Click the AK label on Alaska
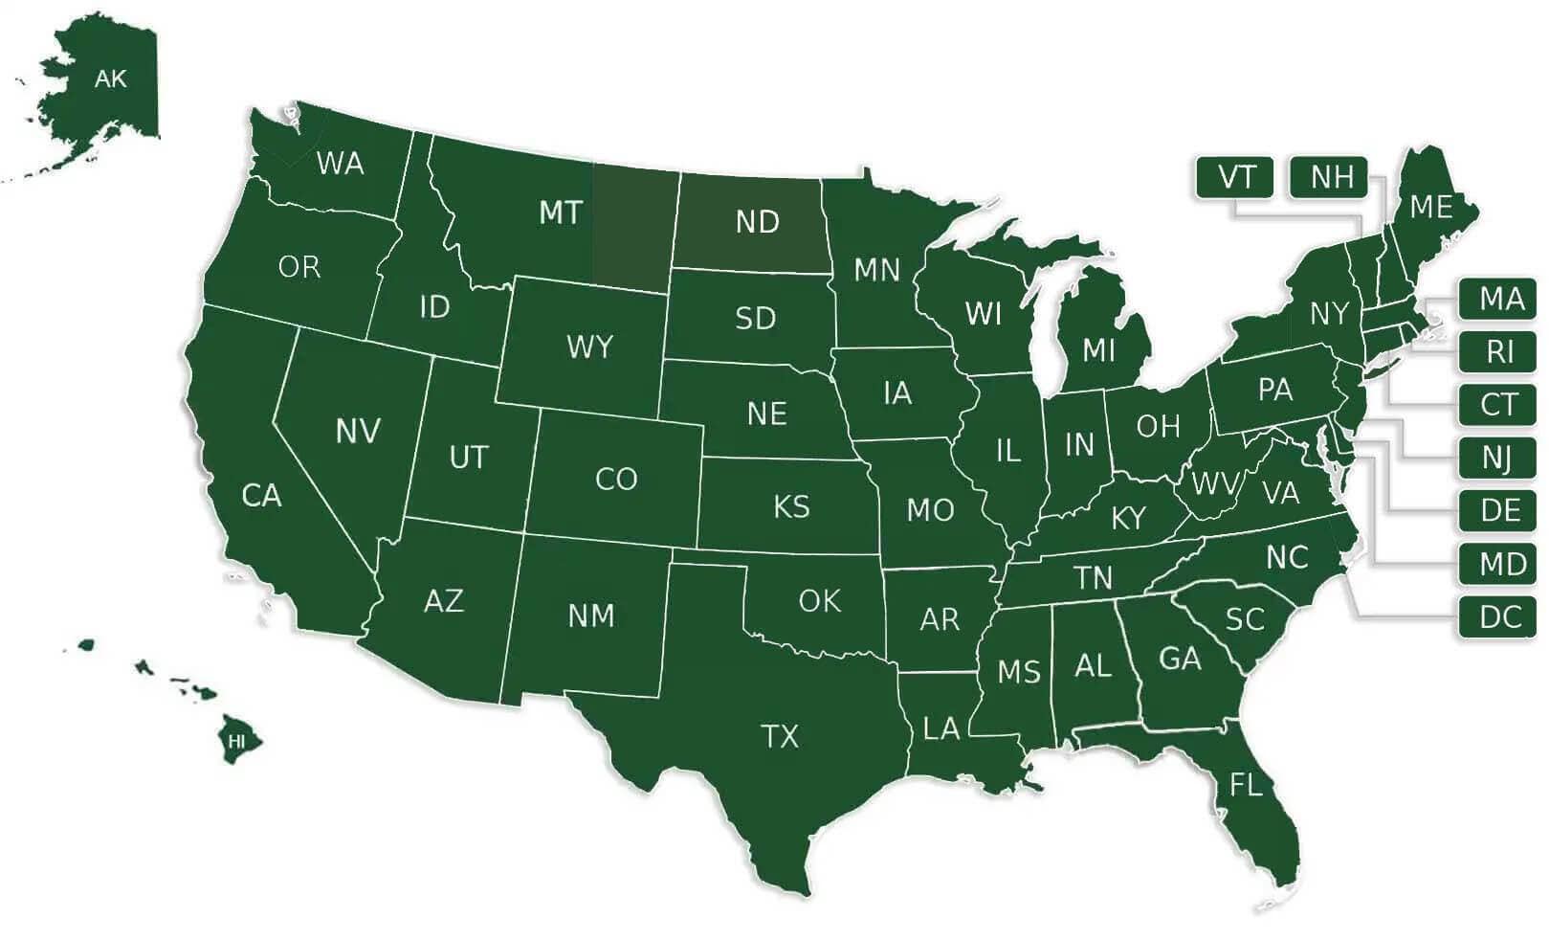point(110,78)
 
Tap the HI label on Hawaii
point(236,741)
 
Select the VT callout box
point(1235,177)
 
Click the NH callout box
point(1331,177)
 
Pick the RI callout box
point(1499,352)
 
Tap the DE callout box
point(1499,510)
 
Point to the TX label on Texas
point(779,736)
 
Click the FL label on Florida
point(1246,786)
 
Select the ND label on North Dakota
point(757,222)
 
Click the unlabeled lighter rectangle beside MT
point(631,227)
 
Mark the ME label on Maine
point(1430,207)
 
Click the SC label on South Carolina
point(1245,619)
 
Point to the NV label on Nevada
point(358,431)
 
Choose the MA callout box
point(1499,300)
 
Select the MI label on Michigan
point(1098,350)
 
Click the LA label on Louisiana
point(940,729)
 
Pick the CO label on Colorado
point(615,479)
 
